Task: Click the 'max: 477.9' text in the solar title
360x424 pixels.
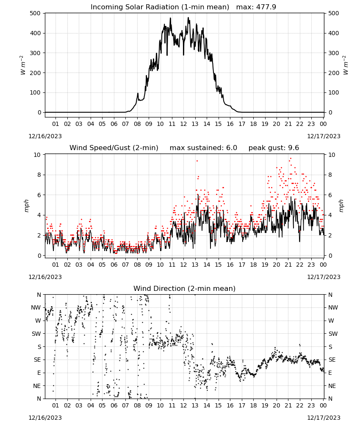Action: tap(256, 7)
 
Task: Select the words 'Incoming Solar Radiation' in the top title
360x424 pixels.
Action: tap(135, 7)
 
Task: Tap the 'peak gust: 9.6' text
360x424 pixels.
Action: tap(274, 148)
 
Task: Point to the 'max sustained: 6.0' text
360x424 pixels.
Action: tap(203, 148)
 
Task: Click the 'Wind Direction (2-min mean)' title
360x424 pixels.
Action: tap(185, 288)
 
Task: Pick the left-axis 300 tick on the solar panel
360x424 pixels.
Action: tap(35, 53)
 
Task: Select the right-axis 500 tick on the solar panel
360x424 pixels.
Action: tap(334, 13)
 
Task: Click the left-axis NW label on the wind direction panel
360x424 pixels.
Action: tap(36, 308)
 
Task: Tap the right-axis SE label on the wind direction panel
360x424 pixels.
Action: tap(332, 360)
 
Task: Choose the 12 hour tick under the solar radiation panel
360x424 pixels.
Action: tap(183, 124)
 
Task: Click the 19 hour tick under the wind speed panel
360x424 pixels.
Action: tap(265, 265)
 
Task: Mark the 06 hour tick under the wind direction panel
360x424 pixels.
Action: tap(114, 405)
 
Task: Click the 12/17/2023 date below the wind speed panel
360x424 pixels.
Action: tap(324, 277)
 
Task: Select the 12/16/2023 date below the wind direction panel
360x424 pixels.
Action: tap(45, 418)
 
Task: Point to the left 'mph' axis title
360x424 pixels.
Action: tap(26, 206)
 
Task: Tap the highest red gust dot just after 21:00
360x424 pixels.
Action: tap(291, 159)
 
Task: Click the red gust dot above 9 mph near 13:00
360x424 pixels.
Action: tap(197, 161)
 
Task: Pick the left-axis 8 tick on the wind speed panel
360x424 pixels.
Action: tap(39, 175)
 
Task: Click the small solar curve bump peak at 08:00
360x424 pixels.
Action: tap(138, 93)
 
